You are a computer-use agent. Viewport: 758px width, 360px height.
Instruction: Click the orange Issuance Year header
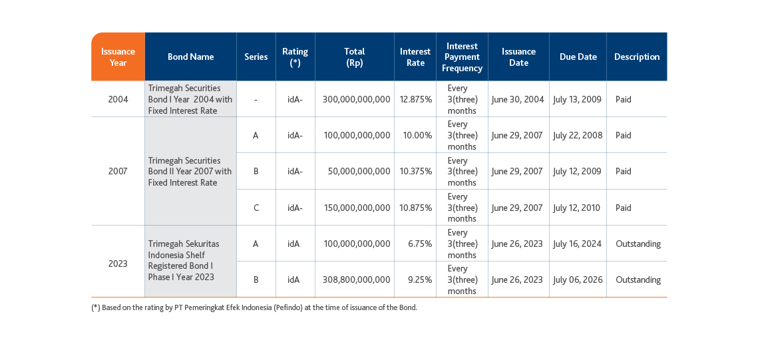coord(118,57)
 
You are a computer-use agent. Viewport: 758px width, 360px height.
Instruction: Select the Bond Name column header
coord(190,57)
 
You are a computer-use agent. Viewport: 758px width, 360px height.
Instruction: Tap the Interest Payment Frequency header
coord(462,57)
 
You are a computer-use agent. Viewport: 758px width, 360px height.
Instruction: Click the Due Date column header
coord(578,57)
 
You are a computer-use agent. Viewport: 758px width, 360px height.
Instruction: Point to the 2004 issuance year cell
coord(118,100)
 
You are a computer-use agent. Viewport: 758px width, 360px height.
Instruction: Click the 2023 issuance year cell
coord(118,264)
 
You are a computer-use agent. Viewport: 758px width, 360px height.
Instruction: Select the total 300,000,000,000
coord(356,100)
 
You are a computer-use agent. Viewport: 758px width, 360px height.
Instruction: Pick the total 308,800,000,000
coord(356,279)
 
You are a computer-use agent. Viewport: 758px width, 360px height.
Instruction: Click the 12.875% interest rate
coord(416,100)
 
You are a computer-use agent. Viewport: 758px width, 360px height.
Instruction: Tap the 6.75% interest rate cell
coord(420,244)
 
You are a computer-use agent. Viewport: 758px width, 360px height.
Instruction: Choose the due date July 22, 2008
coord(578,135)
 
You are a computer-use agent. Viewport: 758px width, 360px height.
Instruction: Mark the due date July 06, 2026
coord(578,279)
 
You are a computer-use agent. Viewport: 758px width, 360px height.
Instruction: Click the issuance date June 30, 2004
coord(518,100)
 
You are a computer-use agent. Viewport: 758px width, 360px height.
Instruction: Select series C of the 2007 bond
coord(256,208)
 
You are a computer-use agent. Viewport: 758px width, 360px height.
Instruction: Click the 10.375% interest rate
coord(416,171)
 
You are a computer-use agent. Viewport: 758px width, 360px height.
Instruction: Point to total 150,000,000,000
coord(357,208)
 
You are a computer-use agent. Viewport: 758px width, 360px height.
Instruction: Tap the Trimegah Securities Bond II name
coord(190,171)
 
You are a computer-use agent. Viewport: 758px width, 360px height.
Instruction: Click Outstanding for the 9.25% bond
coord(638,279)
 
